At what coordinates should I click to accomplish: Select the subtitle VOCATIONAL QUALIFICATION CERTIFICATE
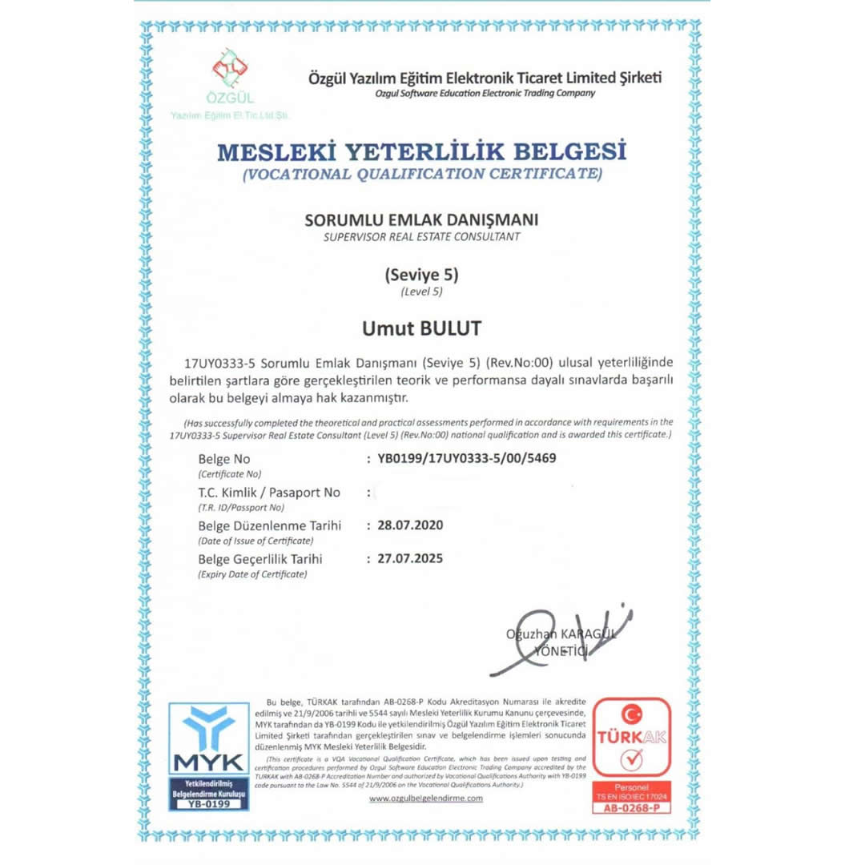click(x=421, y=173)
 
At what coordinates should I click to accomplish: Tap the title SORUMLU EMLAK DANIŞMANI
click(x=421, y=219)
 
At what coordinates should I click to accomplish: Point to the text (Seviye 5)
click(x=421, y=275)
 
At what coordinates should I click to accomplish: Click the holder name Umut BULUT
click(x=421, y=329)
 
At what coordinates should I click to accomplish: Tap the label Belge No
click(x=224, y=460)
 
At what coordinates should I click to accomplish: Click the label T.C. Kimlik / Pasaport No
click(x=269, y=493)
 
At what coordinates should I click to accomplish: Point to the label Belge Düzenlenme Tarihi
click(x=270, y=526)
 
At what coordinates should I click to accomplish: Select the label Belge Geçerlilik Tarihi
click(x=260, y=559)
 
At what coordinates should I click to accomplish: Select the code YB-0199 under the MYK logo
click(x=208, y=803)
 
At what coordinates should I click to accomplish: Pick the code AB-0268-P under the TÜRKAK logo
click(x=631, y=808)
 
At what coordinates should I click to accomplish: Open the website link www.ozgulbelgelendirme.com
click(x=426, y=799)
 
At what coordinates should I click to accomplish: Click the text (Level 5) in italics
click(x=421, y=292)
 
